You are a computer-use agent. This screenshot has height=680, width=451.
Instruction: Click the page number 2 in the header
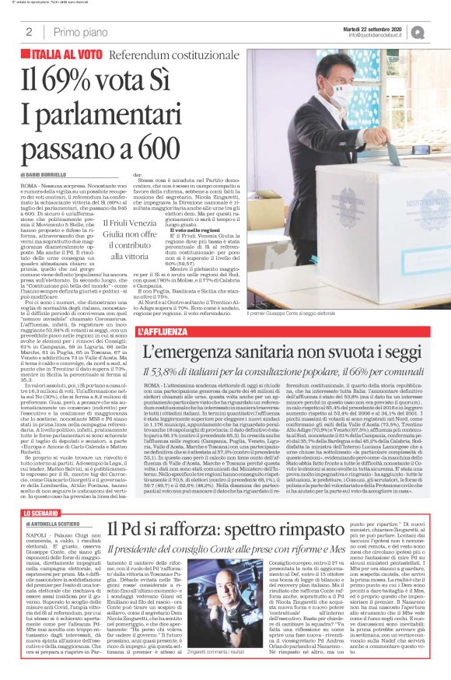(28, 32)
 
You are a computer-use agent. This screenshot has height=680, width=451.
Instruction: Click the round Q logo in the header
(439, 30)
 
